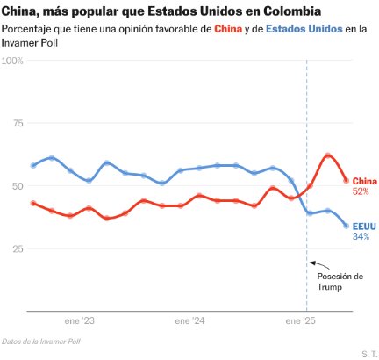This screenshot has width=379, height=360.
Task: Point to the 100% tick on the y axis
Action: click(13, 61)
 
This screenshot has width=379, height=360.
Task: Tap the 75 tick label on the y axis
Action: click(17, 123)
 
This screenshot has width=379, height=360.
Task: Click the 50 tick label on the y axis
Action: click(17, 186)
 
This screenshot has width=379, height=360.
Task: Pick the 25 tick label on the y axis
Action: click(17, 249)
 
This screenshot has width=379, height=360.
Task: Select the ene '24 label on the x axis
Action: click(193, 320)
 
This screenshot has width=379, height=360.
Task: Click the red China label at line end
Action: click(364, 181)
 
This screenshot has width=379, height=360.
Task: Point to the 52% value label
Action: click(361, 191)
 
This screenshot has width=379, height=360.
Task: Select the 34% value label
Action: click(361, 236)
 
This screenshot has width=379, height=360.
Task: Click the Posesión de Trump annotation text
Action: click(338, 282)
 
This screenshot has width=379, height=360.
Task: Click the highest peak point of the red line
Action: click(327, 155)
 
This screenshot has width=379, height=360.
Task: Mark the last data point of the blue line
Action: click(346, 226)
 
